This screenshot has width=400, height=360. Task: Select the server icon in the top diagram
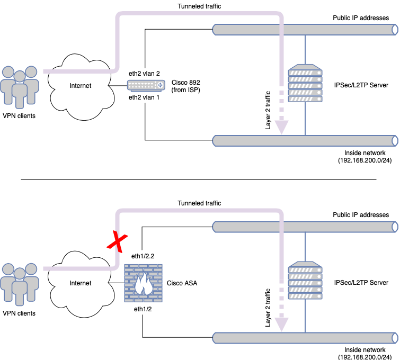point(305,85)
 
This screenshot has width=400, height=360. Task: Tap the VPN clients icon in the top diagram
point(20,86)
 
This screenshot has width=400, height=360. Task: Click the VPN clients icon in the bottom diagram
point(20,285)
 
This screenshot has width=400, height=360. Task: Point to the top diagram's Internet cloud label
point(80,85)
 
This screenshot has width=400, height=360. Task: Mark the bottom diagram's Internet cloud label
point(80,283)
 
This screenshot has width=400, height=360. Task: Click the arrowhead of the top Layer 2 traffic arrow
point(282,127)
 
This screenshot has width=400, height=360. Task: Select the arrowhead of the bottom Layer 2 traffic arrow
point(282,324)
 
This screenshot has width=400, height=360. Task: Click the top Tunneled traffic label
point(199,6)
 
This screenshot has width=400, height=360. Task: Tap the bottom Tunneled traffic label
point(199,203)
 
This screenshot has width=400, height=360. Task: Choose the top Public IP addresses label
point(361,17)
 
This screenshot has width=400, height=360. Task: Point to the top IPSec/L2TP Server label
point(361,85)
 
